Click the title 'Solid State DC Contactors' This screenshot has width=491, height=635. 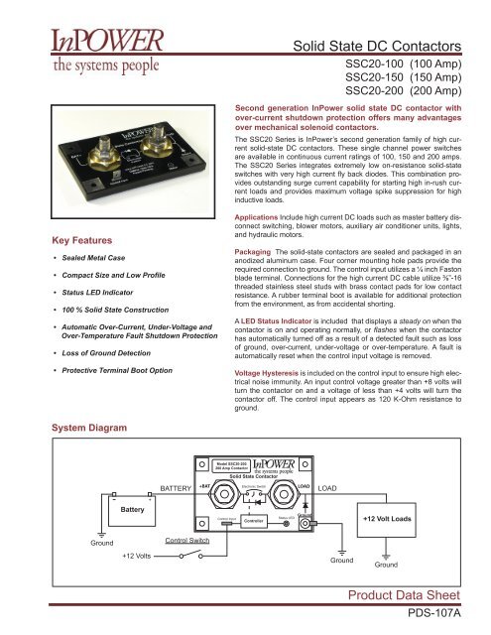(390, 46)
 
